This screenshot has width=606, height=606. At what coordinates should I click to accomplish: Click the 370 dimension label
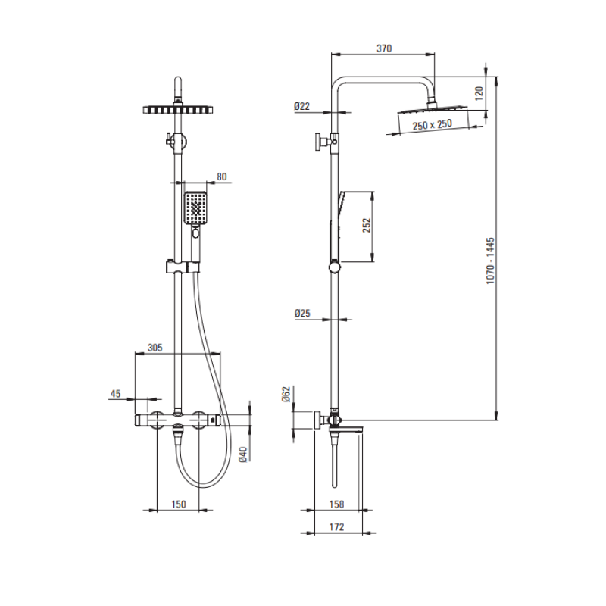384,48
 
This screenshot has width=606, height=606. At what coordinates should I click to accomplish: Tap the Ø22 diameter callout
301,106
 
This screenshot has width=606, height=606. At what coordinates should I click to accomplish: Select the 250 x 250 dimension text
432,125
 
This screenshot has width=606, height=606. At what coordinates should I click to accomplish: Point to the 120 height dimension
479,93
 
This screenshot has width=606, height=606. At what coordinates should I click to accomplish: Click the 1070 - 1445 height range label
490,261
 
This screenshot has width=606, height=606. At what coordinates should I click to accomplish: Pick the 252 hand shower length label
367,225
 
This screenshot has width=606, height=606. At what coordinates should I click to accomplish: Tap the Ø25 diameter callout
302,313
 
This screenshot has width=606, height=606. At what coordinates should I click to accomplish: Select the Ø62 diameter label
286,394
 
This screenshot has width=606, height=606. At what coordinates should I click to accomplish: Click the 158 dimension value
336,504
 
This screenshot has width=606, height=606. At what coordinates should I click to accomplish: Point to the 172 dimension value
336,526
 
